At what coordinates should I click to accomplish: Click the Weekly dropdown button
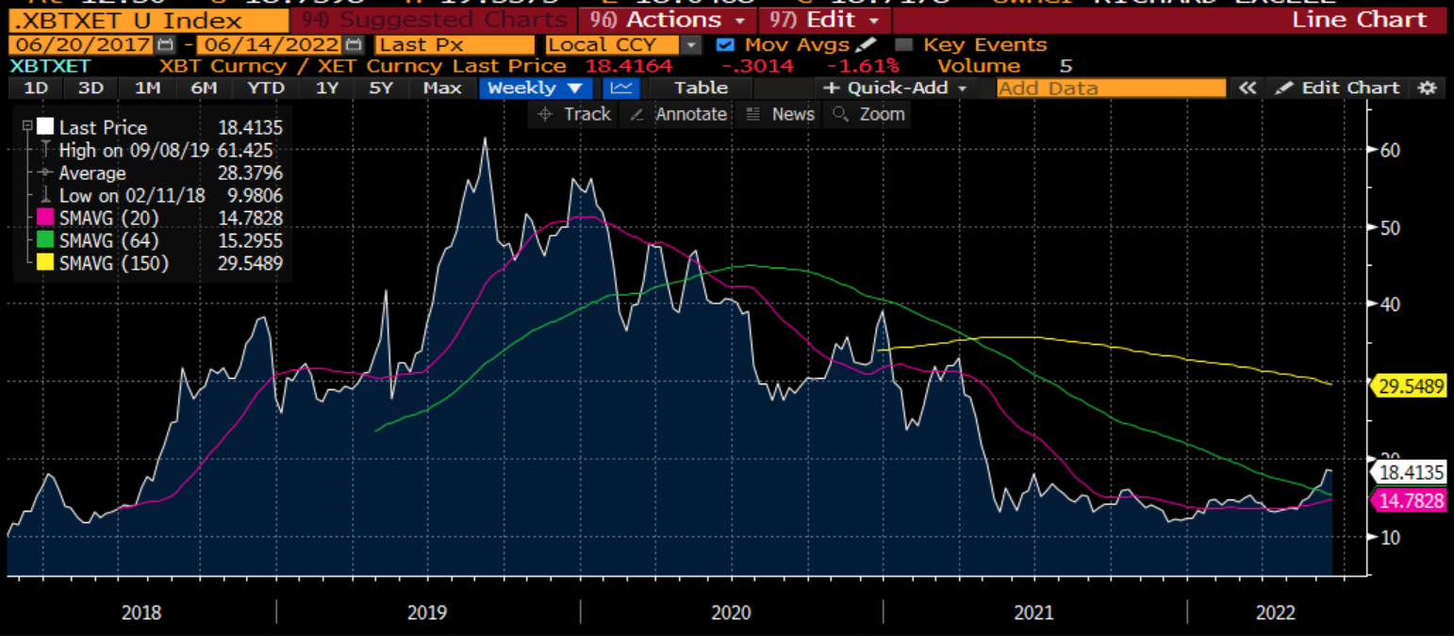[535, 88]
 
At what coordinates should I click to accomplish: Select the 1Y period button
[327, 88]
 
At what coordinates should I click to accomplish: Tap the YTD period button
[266, 88]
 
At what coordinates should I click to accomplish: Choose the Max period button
[442, 88]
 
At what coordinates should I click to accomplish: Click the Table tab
[701, 88]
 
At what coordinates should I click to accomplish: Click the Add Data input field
[1111, 88]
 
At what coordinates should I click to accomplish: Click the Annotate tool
[679, 114]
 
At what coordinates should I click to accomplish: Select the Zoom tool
[869, 114]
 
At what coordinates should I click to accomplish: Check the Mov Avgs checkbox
[724, 44]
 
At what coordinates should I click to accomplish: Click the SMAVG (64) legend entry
[113, 241]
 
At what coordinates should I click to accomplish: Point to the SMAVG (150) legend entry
[113, 264]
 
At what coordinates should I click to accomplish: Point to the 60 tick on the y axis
[1390, 150]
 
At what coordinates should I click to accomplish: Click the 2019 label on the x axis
[427, 613]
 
